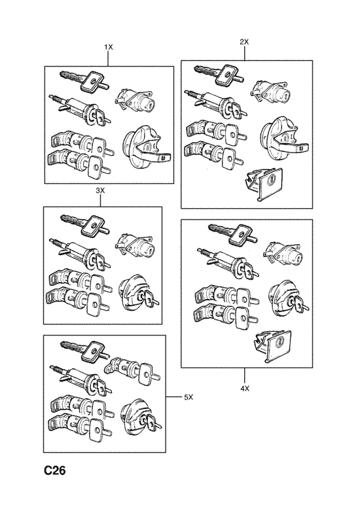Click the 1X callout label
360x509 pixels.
point(109,48)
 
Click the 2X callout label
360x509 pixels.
point(245,42)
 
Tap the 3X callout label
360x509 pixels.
point(100,189)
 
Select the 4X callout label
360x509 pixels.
point(245,388)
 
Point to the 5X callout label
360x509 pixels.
point(189,397)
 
